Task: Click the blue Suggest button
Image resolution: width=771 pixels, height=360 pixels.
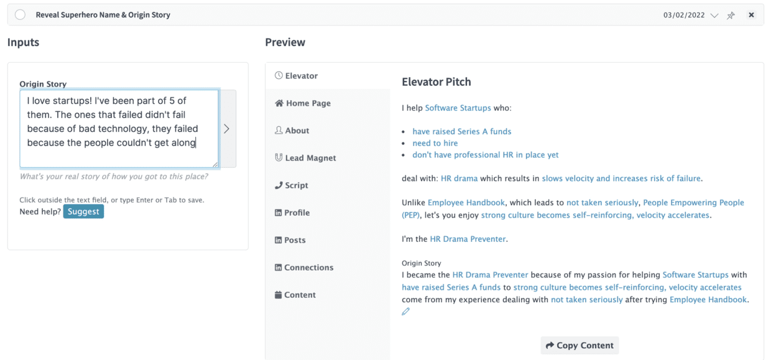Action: click(83, 211)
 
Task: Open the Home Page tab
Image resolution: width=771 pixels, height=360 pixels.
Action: click(303, 103)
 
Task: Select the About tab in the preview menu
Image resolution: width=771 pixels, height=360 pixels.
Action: click(292, 131)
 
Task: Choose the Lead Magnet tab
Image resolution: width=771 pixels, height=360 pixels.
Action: click(305, 158)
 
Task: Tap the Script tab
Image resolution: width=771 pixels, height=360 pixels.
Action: click(291, 185)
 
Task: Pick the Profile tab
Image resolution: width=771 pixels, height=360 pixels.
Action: click(292, 213)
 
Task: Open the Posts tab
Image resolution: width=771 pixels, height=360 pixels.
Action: click(290, 240)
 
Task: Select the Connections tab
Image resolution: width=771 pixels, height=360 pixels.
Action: click(304, 267)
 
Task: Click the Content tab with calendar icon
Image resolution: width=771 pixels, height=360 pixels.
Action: click(295, 295)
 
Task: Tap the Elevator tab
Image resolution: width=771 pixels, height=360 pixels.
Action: click(296, 75)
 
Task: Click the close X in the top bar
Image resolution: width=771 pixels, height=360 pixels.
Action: click(751, 15)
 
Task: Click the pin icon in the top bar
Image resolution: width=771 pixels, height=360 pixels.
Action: click(731, 15)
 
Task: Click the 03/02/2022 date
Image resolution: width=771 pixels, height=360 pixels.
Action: click(684, 15)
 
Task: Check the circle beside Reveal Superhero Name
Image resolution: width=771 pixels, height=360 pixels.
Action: click(20, 14)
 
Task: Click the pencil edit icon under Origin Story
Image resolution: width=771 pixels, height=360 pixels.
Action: click(406, 312)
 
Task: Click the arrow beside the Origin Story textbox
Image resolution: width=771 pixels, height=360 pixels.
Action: click(227, 129)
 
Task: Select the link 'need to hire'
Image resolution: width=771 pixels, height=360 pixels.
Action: click(435, 143)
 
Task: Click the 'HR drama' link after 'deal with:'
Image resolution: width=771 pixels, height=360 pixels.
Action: click(459, 178)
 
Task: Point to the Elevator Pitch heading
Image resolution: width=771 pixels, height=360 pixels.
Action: click(436, 82)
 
